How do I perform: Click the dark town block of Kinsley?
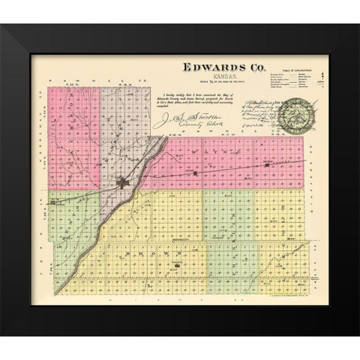click(x=123, y=181)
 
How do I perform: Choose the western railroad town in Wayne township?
click(x=196, y=174)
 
